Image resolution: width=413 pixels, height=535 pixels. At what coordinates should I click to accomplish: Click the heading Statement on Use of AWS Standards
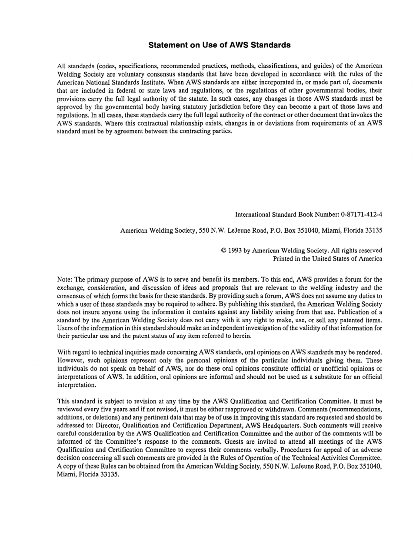pos(219,45)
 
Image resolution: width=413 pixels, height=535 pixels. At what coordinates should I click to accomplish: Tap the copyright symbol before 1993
pos(223,251)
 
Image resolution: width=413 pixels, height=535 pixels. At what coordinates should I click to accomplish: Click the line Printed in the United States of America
pos(327,259)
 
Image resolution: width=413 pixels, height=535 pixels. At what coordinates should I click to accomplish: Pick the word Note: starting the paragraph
pos(65,280)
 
